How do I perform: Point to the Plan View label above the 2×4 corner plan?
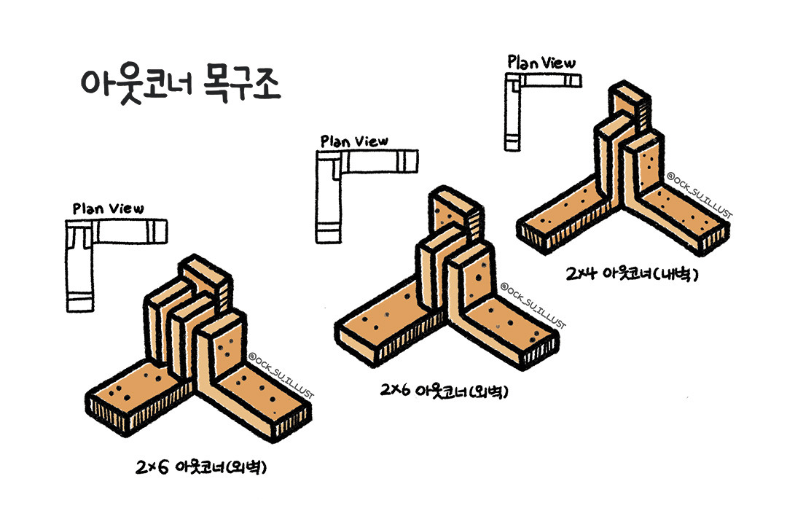(541, 63)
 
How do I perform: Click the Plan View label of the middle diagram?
(354, 141)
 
